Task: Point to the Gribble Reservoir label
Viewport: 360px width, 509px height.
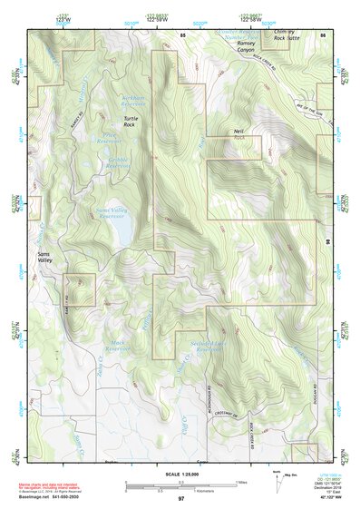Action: point(119,164)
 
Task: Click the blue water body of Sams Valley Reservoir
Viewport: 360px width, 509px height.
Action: point(121,234)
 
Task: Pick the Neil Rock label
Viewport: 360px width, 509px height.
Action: point(240,134)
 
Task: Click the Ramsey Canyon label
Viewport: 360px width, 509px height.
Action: point(246,46)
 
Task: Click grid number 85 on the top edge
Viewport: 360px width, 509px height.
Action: point(183,34)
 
